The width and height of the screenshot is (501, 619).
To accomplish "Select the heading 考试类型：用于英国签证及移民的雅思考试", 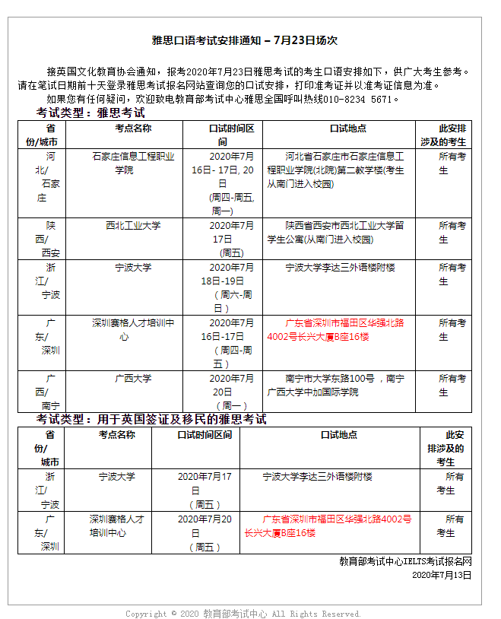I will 151,420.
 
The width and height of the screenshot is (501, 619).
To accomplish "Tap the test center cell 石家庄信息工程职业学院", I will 133,163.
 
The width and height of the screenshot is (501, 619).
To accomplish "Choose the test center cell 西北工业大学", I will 133,226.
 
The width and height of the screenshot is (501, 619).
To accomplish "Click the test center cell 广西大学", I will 133,378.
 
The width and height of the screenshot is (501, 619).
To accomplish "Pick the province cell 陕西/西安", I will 51,239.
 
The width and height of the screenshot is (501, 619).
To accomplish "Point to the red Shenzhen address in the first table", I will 335,329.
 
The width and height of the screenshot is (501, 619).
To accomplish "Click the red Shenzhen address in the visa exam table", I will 328,525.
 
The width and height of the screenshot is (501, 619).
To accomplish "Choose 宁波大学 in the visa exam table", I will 117,477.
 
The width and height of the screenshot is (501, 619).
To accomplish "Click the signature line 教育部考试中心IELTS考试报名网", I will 405,561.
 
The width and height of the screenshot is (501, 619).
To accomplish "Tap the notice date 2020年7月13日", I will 442,575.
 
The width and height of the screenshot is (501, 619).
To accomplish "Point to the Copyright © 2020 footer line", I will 243,613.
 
